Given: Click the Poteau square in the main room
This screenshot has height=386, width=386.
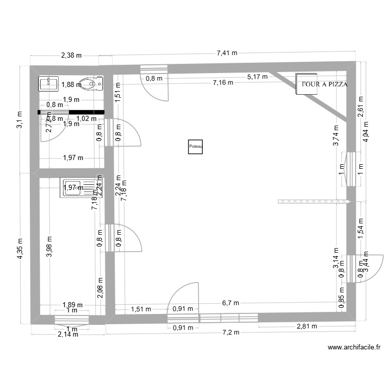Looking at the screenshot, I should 196,147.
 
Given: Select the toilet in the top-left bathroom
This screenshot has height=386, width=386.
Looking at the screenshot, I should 92,83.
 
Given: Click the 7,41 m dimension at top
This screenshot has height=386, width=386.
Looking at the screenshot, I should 227,52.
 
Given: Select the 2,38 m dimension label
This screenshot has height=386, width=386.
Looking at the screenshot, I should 71,56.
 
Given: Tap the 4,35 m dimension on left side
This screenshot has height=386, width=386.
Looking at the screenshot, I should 21,250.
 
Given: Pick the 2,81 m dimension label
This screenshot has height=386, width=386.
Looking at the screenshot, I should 307,326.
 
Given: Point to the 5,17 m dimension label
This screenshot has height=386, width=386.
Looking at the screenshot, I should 257,77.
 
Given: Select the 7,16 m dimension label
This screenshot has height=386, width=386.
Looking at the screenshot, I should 223,82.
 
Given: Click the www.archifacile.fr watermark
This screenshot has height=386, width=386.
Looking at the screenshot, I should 354,348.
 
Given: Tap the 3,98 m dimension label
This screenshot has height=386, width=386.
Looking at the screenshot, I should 49,249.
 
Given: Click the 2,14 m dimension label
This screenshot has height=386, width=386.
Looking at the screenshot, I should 67,334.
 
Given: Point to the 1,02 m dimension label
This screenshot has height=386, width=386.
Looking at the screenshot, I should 86,118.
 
